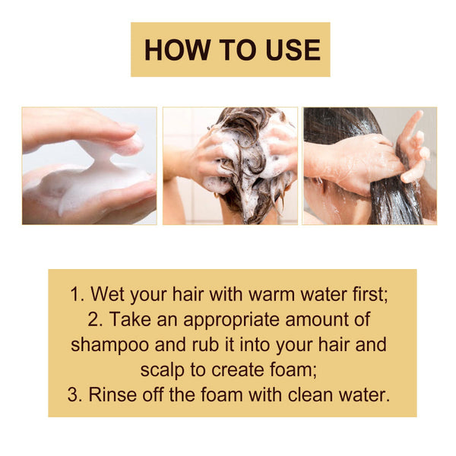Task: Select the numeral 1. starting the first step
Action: pyautogui.click(x=78, y=295)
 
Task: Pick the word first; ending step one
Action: pyautogui.click(x=368, y=295)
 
